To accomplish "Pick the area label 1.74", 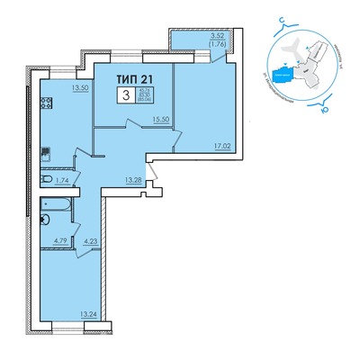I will pos(61,181).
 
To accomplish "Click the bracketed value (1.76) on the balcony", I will pos(217,45).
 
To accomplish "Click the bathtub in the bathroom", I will pos(60,217).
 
